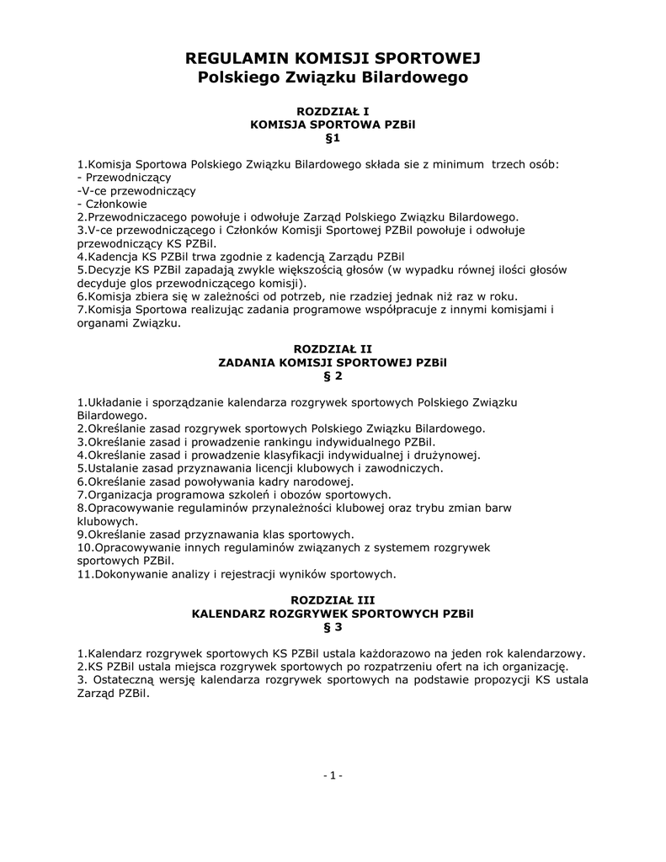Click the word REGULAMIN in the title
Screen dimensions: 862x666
(x=235, y=58)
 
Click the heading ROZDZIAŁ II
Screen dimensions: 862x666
(x=333, y=349)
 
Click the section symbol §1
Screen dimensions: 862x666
(x=333, y=137)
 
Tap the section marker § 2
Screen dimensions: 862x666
(x=333, y=375)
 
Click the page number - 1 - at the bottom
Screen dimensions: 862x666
(x=333, y=775)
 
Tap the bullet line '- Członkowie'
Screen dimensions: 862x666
(x=112, y=204)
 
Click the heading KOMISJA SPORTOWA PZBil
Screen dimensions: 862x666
(x=333, y=125)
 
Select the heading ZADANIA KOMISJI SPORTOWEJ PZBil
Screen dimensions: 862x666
(x=333, y=362)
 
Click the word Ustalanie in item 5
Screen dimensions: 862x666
(x=112, y=468)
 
